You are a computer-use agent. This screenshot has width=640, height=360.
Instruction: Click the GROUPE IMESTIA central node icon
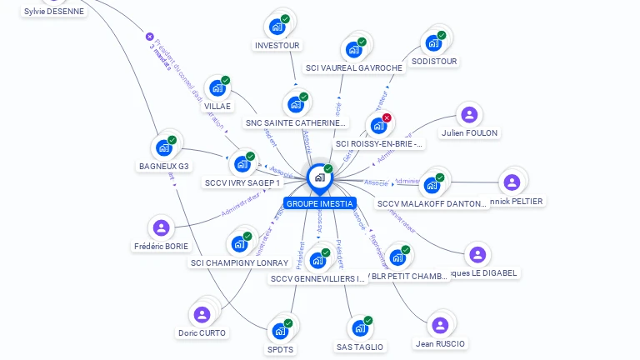click(x=319, y=177)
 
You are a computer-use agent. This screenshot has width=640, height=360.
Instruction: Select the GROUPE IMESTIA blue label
click(x=319, y=203)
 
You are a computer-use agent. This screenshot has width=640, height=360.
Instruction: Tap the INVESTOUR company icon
click(x=277, y=27)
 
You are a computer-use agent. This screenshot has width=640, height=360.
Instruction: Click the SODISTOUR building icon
click(x=433, y=42)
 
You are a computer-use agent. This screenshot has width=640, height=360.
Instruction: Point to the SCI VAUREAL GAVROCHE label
click(x=353, y=68)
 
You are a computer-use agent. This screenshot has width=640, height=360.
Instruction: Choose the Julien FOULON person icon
click(x=470, y=114)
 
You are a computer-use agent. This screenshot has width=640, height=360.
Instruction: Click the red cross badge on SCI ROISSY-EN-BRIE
click(x=387, y=117)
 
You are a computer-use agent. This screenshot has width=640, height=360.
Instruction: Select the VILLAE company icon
click(x=217, y=87)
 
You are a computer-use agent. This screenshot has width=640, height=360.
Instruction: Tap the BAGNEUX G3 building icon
click(x=164, y=147)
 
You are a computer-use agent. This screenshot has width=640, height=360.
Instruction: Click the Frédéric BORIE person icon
click(x=161, y=227)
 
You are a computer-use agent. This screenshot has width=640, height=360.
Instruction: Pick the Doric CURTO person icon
click(x=202, y=314)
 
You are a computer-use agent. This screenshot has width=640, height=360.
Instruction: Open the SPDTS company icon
click(x=281, y=330)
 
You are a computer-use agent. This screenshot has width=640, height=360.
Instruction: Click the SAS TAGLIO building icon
click(x=360, y=327)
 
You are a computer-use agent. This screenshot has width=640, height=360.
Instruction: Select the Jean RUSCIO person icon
click(x=440, y=324)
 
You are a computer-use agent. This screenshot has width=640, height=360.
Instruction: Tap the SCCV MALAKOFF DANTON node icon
click(x=432, y=184)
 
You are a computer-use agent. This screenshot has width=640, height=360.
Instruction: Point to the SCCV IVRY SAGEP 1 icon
click(x=242, y=163)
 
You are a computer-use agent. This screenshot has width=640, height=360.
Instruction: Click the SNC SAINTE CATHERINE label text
click(x=295, y=123)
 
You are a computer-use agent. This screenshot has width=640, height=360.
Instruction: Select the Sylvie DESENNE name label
click(x=54, y=12)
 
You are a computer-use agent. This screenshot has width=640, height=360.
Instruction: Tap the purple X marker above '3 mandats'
click(x=150, y=37)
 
